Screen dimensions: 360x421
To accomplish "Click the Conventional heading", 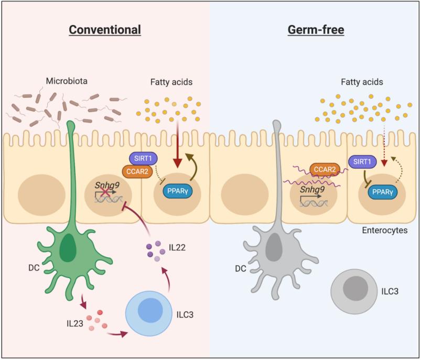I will tap(105, 30).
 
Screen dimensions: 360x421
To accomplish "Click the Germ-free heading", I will tap(316, 30).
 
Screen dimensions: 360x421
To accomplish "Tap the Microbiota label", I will tap(67, 82).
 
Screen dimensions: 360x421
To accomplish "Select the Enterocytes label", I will tap(385, 230).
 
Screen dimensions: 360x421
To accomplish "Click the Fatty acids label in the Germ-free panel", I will tap(361, 82).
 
